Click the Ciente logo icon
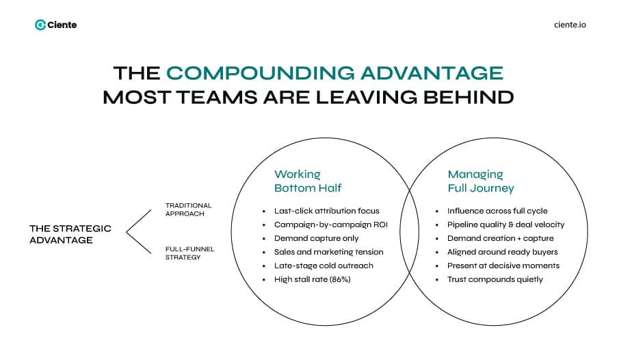(40, 25)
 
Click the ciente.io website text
(569, 25)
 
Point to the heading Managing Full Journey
(480, 181)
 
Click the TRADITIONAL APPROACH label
(189, 209)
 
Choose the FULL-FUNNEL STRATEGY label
(190, 253)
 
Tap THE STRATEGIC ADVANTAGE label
(70, 234)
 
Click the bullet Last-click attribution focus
(326, 211)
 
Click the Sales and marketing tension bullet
(328, 252)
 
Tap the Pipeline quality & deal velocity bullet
(506, 224)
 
